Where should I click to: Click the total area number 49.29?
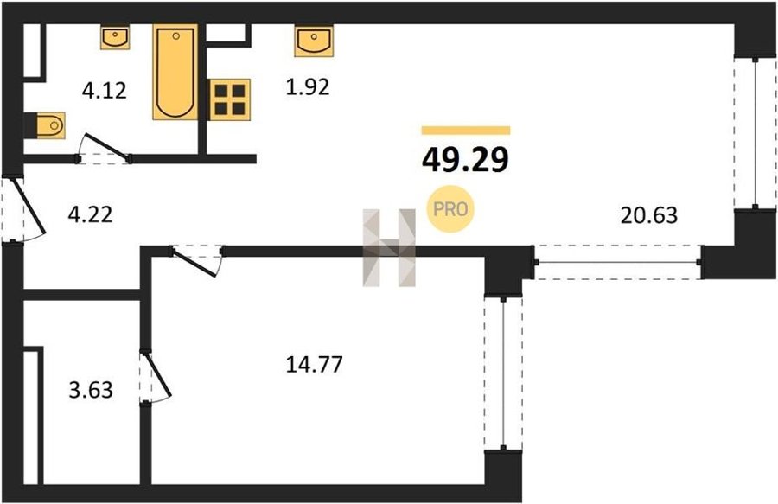click(465, 160)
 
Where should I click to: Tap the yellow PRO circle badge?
click(450, 209)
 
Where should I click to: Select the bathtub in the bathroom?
click(175, 72)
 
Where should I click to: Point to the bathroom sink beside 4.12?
click(115, 38)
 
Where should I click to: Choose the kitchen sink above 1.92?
click(314, 41)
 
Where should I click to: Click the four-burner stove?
click(230, 99)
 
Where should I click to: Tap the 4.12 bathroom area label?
click(105, 91)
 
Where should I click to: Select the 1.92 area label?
click(308, 87)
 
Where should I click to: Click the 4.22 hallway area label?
click(90, 215)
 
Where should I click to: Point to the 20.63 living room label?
click(649, 215)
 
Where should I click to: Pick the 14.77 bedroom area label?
click(315, 365)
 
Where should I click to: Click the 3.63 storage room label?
click(91, 390)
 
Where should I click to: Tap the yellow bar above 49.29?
click(466, 131)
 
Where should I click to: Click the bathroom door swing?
click(105, 148)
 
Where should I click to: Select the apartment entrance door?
click(25, 210)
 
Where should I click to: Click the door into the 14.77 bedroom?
click(197, 260)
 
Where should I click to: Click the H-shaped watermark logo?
click(389, 247)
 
